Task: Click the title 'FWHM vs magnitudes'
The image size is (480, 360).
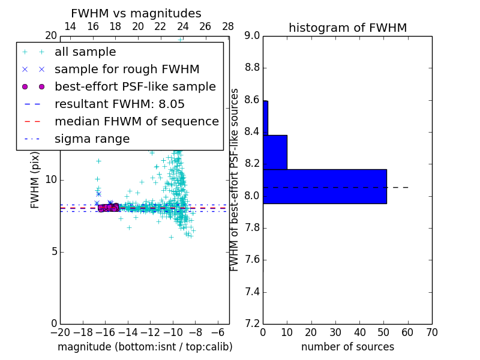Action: (x=136, y=13)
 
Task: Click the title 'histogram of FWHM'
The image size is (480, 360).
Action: (x=347, y=28)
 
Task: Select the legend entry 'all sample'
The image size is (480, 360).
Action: (x=85, y=52)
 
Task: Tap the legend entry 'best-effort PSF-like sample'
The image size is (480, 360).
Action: (x=135, y=87)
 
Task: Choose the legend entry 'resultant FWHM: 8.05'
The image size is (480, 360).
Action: (x=119, y=104)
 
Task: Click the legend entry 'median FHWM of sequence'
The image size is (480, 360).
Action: (x=136, y=122)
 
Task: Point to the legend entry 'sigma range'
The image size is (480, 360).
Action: (x=92, y=139)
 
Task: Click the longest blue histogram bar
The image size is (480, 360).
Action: (x=325, y=187)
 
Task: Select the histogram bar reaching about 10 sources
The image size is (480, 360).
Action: (x=275, y=152)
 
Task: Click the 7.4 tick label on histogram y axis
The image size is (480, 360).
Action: (x=251, y=292)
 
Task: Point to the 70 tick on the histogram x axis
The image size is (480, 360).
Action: (x=431, y=332)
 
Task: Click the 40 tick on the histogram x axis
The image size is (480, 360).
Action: (x=359, y=332)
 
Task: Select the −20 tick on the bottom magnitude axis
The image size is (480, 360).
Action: (x=60, y=332)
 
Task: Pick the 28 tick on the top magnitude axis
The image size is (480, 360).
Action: (x=228, y=26)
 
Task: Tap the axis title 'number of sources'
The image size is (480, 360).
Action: (x=347, y=347)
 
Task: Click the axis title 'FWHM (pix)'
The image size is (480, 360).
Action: (x=35, y=180)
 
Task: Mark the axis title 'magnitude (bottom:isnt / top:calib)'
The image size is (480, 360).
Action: (x=145, y=347)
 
